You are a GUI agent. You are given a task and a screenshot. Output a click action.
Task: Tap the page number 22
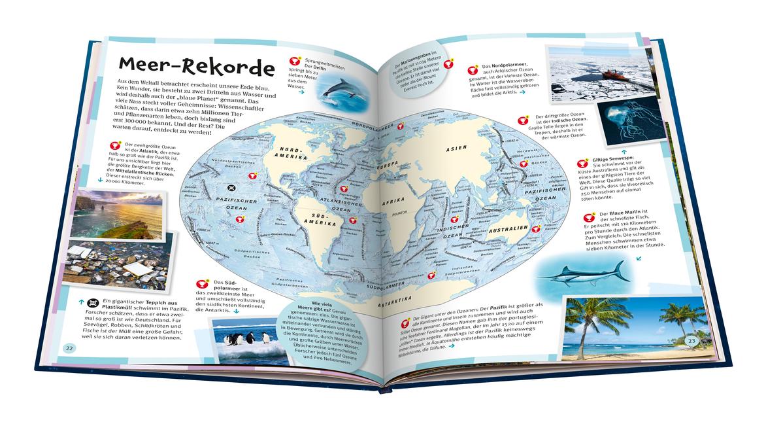coord(69,347)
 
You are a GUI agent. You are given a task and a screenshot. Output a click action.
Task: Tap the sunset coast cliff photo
coord(116,213)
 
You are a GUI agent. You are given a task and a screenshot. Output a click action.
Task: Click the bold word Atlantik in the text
coord(159,149)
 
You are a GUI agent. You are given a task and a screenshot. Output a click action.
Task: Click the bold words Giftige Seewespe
coord(615,159)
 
